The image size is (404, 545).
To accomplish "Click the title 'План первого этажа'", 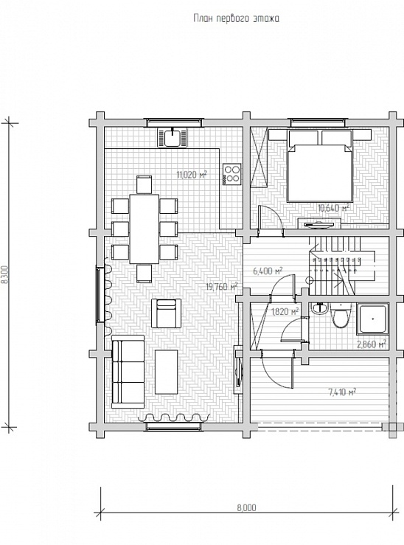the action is pos(236,18).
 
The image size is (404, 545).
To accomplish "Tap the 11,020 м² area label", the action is pos(192,175).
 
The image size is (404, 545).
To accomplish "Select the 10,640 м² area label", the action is pos(333,208).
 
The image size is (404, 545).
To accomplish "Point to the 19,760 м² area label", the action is pos(222,286).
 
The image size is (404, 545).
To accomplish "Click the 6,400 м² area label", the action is pos(268,271).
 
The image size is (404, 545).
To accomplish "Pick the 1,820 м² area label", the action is pos(285,311).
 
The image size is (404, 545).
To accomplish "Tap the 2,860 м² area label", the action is pos(372,344).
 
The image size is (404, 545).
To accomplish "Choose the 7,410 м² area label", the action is pos(342,392).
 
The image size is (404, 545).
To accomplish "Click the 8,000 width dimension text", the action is pos(247,508).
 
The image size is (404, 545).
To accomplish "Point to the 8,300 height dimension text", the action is pos(4,275).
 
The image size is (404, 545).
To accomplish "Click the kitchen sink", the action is pos(173,138).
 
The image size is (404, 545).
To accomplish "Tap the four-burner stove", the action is pos(232,174).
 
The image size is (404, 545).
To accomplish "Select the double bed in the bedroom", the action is pos(320,166).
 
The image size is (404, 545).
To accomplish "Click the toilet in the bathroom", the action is pos(340,316).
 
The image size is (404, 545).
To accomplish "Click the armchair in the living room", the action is pos(167,313).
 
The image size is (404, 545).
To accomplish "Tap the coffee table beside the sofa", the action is pos(167,372).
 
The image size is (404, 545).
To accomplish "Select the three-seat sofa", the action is pos(128,371).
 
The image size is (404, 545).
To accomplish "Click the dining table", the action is pos(144,229).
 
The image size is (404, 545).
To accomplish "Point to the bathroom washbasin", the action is pos(318,308).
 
